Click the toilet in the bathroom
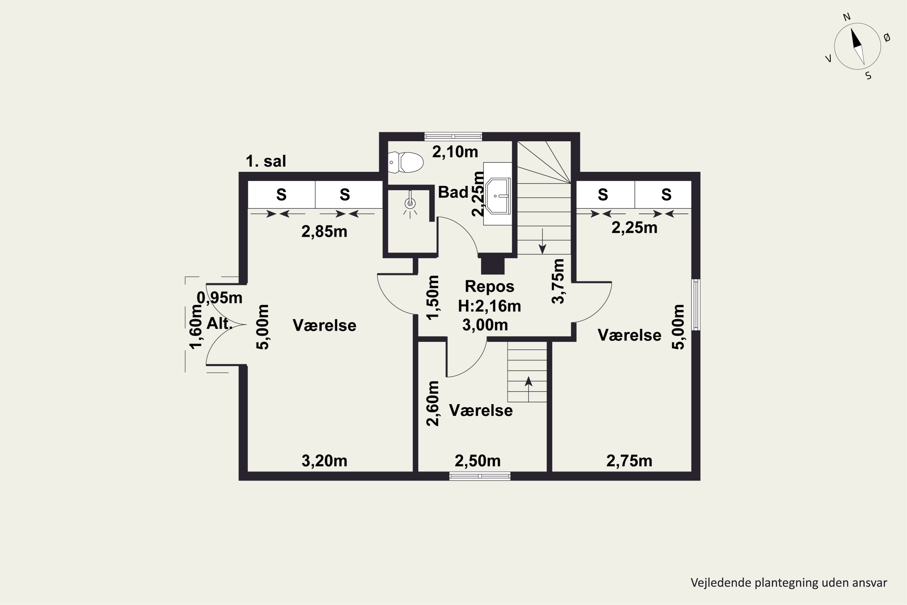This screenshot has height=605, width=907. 405,162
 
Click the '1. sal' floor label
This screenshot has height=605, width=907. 266,161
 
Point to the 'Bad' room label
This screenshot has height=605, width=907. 453,192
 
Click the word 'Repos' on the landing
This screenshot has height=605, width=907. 489,286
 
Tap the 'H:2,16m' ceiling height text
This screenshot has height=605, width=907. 489,306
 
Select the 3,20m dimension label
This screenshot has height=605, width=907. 324,461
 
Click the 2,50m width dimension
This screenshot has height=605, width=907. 478,461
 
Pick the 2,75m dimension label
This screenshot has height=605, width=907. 629,461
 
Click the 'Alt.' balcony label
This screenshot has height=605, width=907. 219,323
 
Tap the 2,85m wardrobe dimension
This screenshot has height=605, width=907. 324,231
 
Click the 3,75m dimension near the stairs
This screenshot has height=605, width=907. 558,281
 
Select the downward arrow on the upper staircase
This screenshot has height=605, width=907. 543,241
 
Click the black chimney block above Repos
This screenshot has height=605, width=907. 493,266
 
